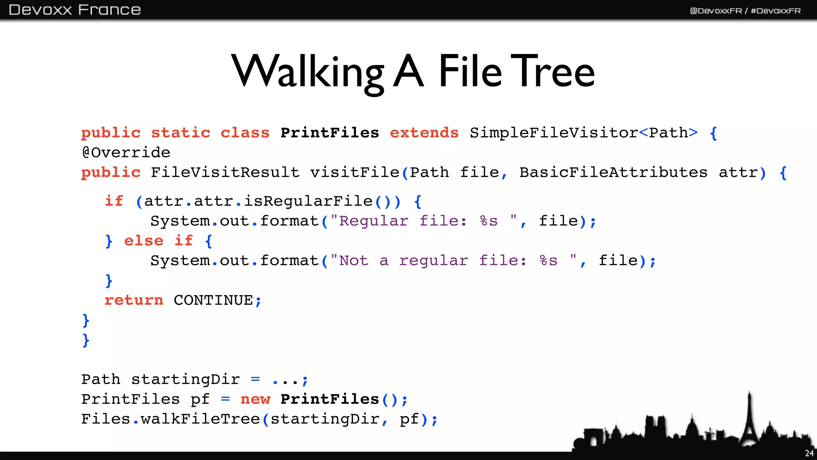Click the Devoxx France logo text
coord(75,10)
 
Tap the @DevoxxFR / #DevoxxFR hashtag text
coord(745,11)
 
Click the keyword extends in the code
coord(424,133)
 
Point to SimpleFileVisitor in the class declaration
coord(554,133)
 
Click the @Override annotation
coord(126,153)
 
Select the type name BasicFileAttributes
coord(613,172)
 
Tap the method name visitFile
coord(355,172)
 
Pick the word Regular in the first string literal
coord(374,221)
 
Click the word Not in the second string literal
coord(354,260)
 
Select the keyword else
coord(144,241)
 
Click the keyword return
coord(134,300)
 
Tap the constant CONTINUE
coord(213,300)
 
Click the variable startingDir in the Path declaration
coord(186,379)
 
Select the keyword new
coord(255,399)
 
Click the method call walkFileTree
coord(200,419)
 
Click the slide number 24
coord(809,453)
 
